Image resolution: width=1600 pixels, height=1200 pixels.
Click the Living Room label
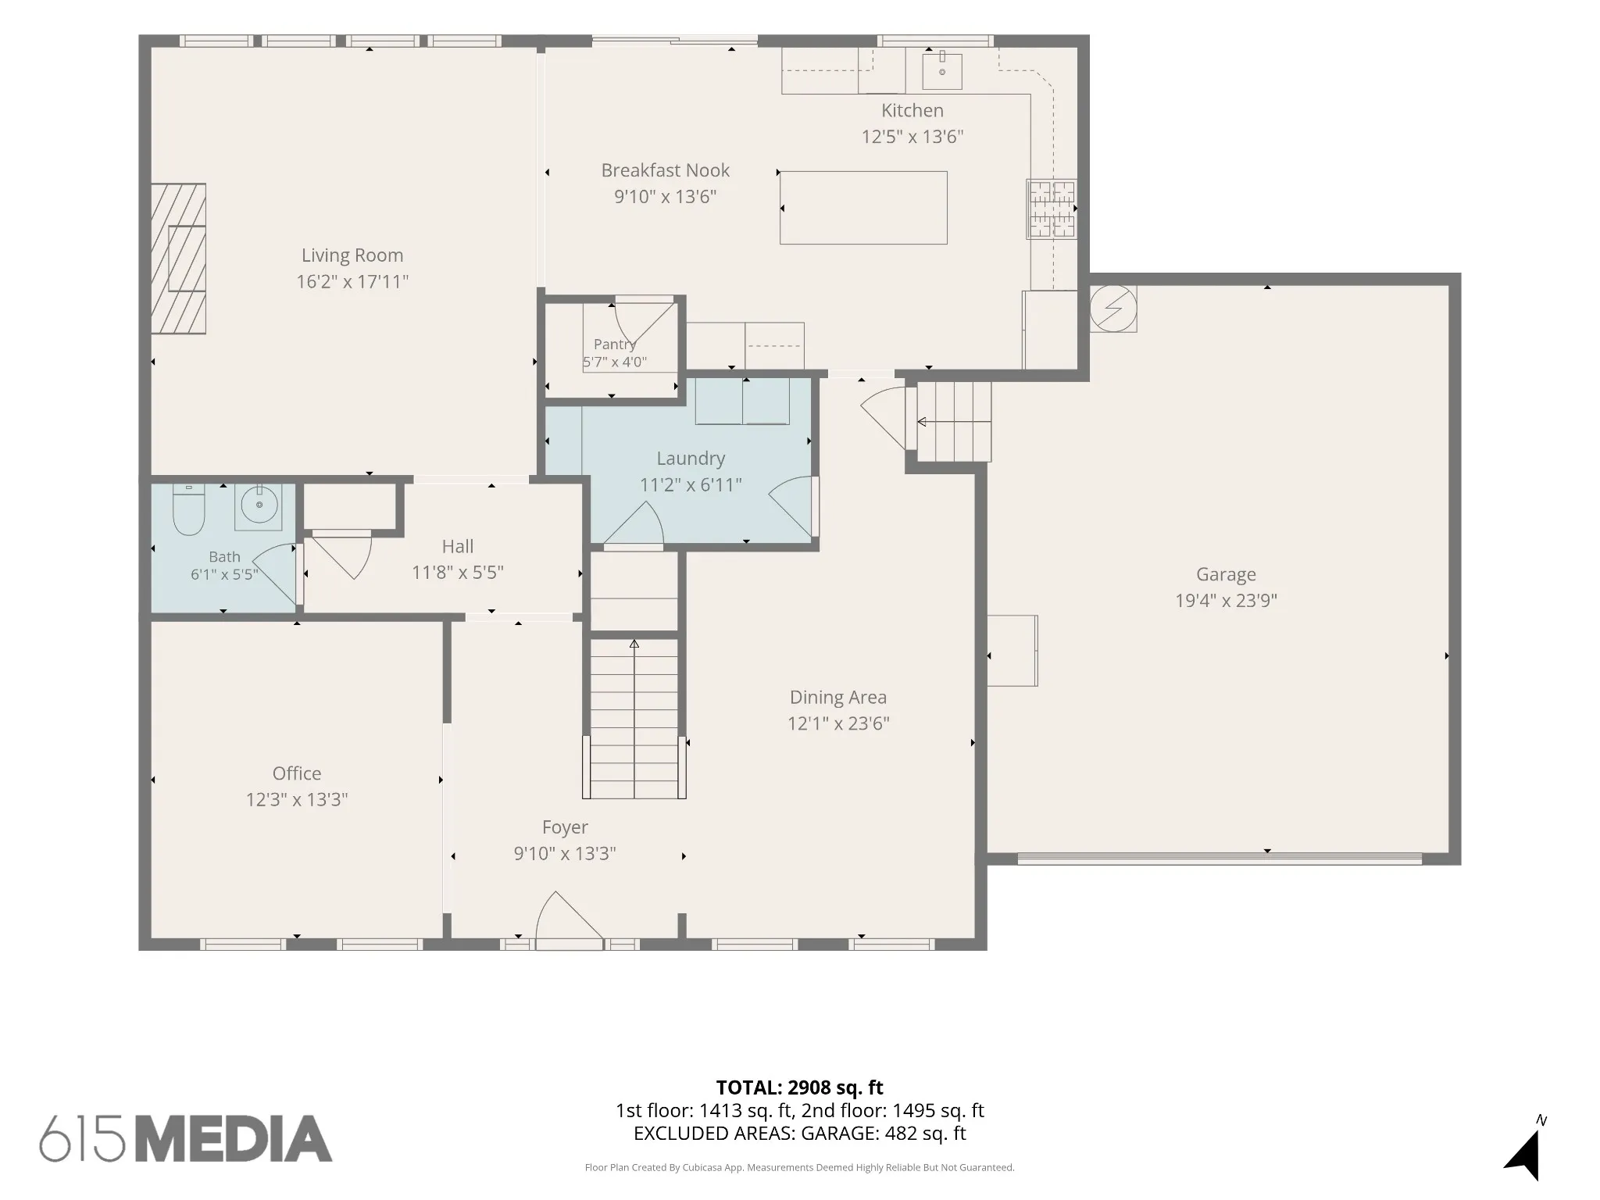pyautogui.click(x=352, y=255)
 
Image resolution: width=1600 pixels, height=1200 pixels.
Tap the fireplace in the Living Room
pyautogui.click(x=178, y=259)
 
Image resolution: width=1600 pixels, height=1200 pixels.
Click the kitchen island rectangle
pyautogui.click(x=863, y=208)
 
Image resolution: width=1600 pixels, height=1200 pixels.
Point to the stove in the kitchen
pyautogui.click(x=1052, y=209)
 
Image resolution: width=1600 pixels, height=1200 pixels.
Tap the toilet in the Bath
pyautogui.click(x=188, y=509)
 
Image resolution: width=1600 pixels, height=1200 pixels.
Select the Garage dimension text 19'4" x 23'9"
pyautogui.click(x=1227, y=600)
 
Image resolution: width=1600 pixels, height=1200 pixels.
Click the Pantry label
pyautogui.click(x=615, y=344)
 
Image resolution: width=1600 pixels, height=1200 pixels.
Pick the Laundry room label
pyautogui.click(x=691, y=459)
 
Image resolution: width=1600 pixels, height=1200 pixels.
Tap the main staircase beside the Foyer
pyautogui.click(x=634, y=719)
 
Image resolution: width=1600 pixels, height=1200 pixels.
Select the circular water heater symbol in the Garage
pyautogui.click(x=1113, y=309)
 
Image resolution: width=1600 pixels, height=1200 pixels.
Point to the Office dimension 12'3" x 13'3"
pyautogui.click(x=297, y=799)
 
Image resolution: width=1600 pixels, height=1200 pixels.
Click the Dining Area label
pyautogui.click(x=838, y=697)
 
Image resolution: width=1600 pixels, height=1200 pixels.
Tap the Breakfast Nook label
pyautogui.click(x=666, y=170)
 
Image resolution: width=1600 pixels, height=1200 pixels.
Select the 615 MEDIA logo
pyautogui.click(x=186, y=1138)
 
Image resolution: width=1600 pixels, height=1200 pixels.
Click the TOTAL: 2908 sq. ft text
pyautogui.click(x=800, y=1087)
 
